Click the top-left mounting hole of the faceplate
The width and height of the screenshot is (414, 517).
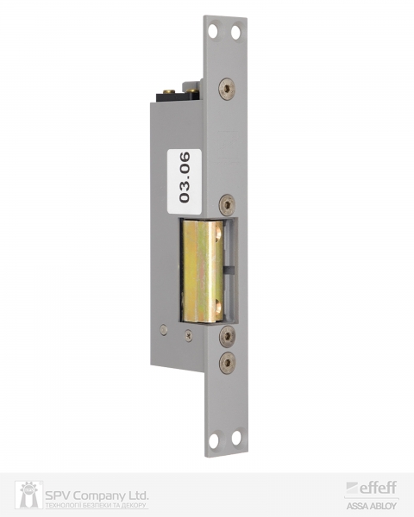click(x=213, y=31)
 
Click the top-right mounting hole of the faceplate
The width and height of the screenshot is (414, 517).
click(x=235, y=33)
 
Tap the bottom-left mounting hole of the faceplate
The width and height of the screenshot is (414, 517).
click(x=214, y=440)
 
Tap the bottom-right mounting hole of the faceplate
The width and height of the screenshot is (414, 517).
click(x=236, y=438)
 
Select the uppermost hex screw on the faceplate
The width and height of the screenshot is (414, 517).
click(x=227, y=88)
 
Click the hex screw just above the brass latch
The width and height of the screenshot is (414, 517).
click(x=228, y=205)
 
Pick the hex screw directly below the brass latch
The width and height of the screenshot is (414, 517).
click(x=228, y=336)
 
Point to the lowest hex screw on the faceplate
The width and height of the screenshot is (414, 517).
click(x=228, y=363)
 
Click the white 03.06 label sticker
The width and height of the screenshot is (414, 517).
click(x=185, y=181)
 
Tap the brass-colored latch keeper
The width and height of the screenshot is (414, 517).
click(x=202, y=271)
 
